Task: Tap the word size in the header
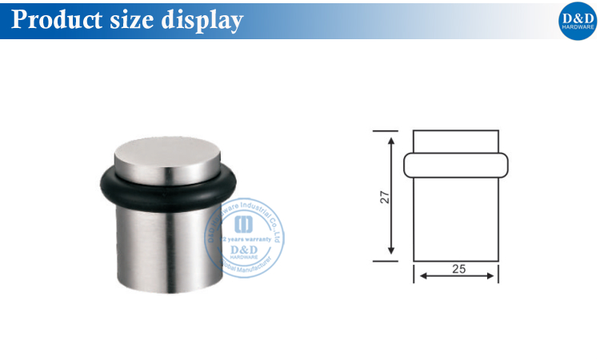pyautogui.click(x=130, y=19)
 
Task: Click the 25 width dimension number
pyautogui.click(x=458, y=270)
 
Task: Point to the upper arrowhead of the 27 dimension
pyautogui.click(x=391, y=142)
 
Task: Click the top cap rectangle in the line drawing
pyautogui.click(x=455, y=140)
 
